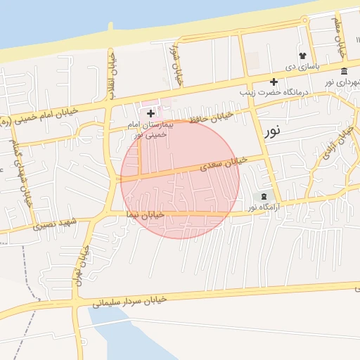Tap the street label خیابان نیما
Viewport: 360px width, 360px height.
(x=145, y=214)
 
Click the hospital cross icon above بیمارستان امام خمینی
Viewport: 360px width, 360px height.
(x=150, y=112)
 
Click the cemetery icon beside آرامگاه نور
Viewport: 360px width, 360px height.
(x=264, y=196)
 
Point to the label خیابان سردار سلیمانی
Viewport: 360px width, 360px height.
(x=129, y=302)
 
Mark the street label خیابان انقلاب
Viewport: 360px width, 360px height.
(x=110, y=75)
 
